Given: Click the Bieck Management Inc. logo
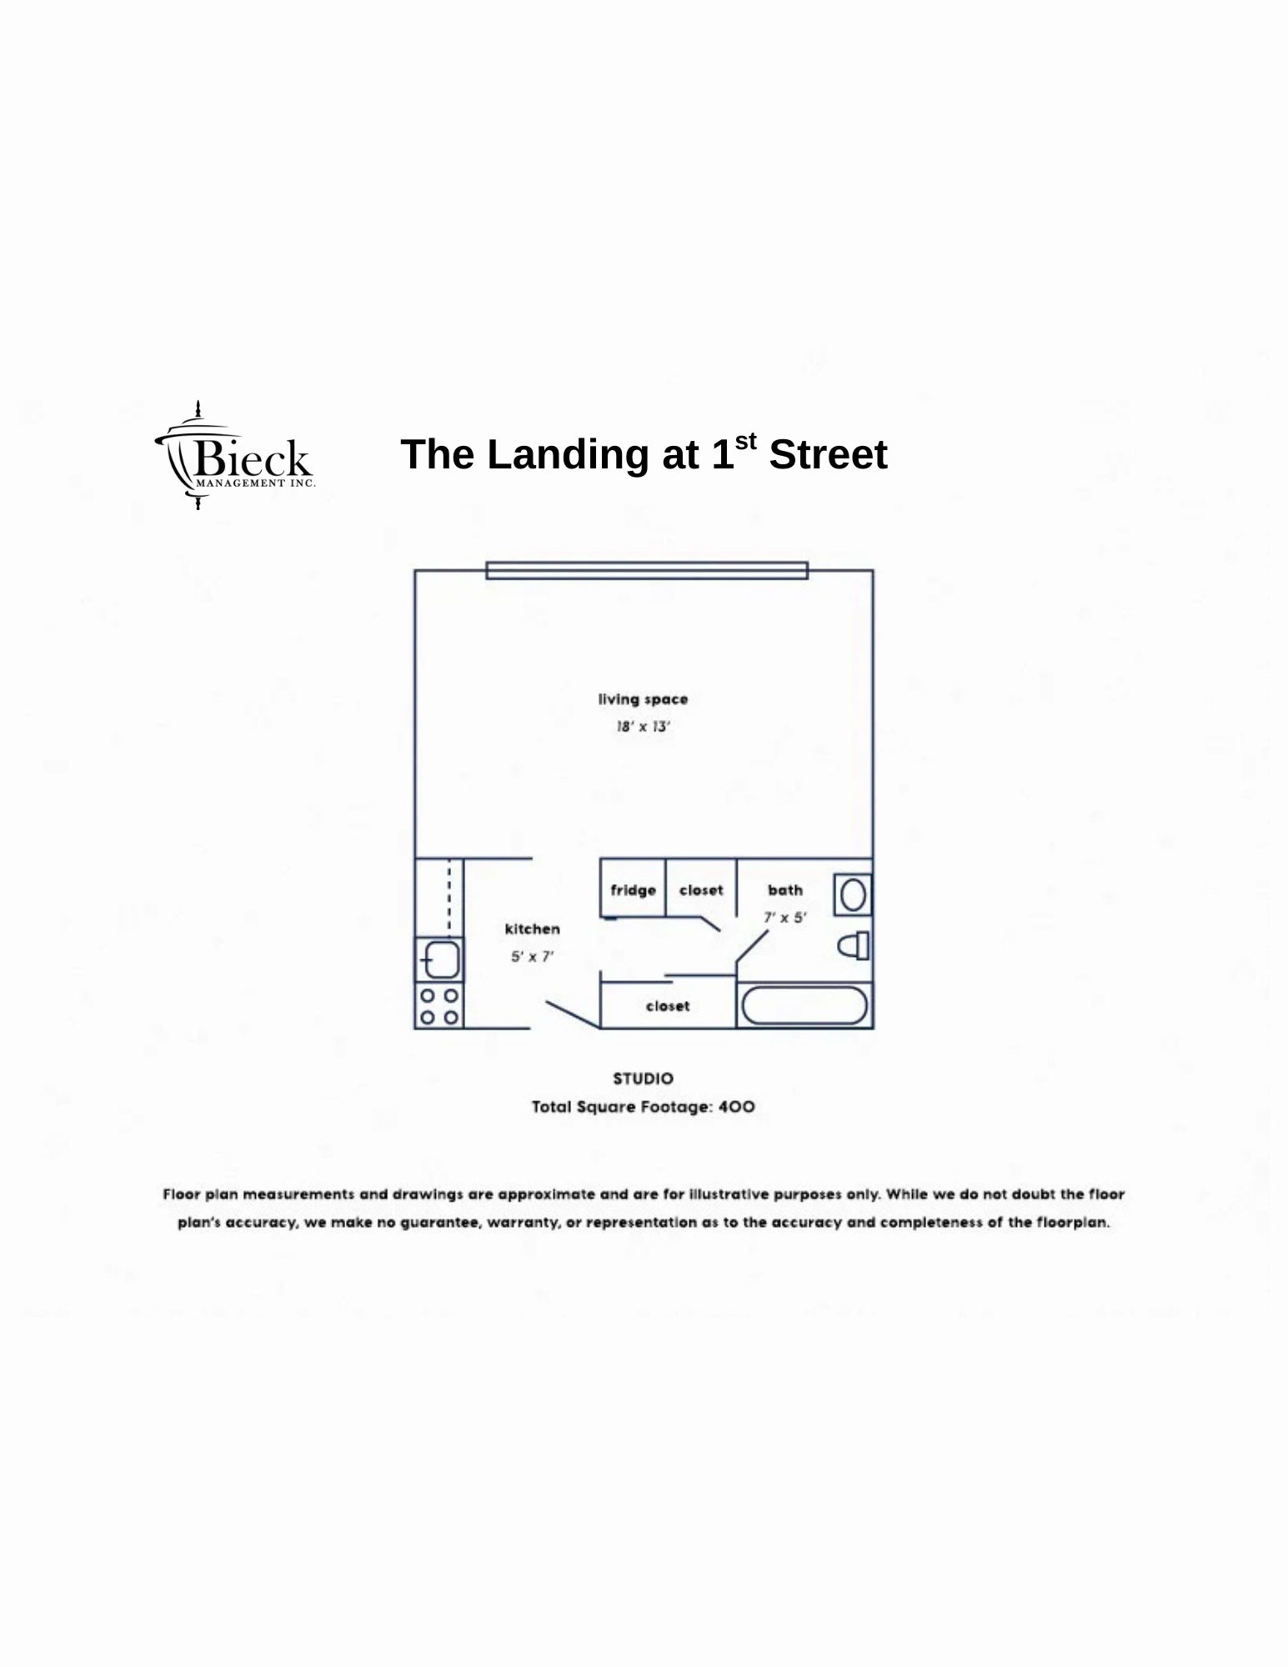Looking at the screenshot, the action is tap(235, 455).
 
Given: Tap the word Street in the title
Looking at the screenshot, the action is tap(828, 455).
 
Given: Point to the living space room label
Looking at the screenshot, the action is tap(643, 699).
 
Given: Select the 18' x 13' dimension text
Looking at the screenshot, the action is tap(643, 727).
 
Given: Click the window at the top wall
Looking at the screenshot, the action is tap(647, 570).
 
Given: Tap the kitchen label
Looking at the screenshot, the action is tap(532, 929).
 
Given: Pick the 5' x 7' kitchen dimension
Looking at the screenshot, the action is tap(532, 957).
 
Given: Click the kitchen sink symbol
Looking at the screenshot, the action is tap(439, 959).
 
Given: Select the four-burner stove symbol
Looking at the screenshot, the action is tap(439, 1006).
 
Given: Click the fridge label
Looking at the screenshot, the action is tap(633, 891).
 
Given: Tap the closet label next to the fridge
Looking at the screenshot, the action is tap(701, 890).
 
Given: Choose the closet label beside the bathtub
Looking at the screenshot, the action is tap(668, 1006).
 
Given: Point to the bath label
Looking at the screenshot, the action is tap(785, 890).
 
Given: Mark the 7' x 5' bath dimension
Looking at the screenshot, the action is tap(785, 918).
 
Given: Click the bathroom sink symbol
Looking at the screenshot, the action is tap(853, 895).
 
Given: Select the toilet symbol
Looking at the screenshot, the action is tap(854, 946).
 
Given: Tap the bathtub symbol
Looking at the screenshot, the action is tap(804, 1005).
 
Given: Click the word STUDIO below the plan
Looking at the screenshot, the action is tap(643, 1079).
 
